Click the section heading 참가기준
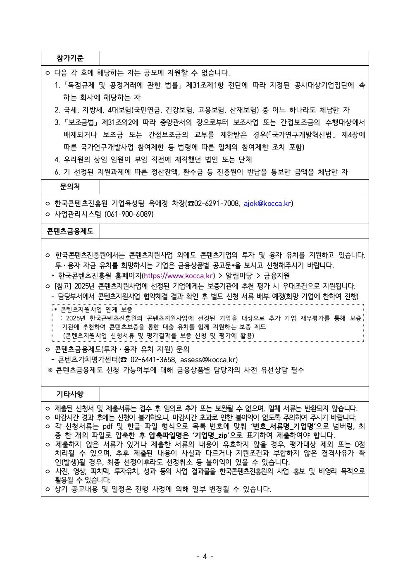point(70,58)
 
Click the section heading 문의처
point(70,187)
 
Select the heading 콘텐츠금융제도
point(70,231)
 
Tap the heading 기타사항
point(70,394)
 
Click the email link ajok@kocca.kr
point(267,203)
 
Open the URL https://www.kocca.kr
point(179,276)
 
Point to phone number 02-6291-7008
point(217,203)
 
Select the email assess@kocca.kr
point(209,360)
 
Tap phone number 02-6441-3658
point(153,360)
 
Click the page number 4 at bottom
point(205,556)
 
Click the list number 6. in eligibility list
point(57,172)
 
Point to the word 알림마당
point(239,276)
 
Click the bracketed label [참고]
point(63,286)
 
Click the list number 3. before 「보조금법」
point(57,122)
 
